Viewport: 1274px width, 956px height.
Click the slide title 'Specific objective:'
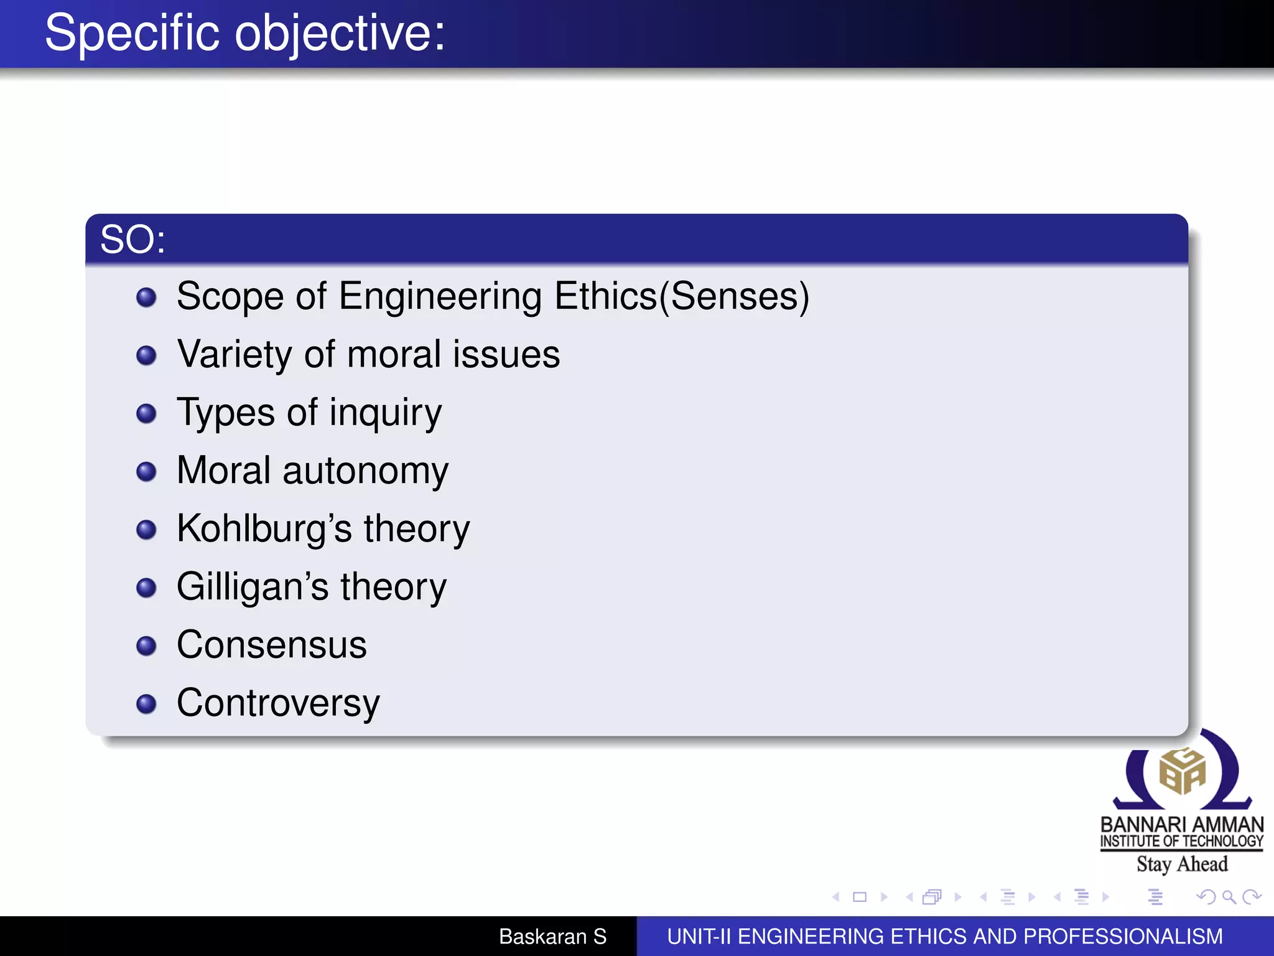pyautogui.click(x=245, y=34)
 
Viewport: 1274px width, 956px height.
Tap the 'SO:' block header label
pyautogui.click(x=133, y=240)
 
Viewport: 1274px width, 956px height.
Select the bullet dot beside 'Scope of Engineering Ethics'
pyautogui.click(x=146, y=297)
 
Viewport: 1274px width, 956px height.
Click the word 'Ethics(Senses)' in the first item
pyautogui.click(x=682, y=296)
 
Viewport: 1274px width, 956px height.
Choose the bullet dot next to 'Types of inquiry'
pyautogui.click(x=146, y=413)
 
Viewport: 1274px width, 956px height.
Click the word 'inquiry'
pyautogui.click(x=386, y=413)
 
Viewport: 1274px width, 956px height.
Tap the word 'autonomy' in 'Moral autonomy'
pyautogui.click(x=365, y=471)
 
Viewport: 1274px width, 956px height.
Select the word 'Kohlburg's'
pyautogui.click(x=264, y=528)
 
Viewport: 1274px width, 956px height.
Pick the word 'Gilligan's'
pyautogui.click(x=253, y=586)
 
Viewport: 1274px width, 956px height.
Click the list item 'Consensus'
pyautogui.click(x=272, y=645)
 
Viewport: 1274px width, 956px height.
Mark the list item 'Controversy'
pyautogui.click(x=278, y=703)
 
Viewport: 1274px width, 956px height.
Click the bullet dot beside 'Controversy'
pyautogui.click(x=146, y=704)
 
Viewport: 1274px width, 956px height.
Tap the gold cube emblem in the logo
pyautogui.click(x=1182, y=772)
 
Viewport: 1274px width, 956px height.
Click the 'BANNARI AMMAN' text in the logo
pyautogui.click(x=1182, y=825)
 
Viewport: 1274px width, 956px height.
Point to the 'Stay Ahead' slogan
pyautogui.click(x=1182, y=864)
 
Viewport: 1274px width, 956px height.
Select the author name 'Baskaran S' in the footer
pyautogui.click(x=552, y=936)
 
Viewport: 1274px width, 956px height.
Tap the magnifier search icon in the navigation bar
pyautogui.click(x=1229, y=897)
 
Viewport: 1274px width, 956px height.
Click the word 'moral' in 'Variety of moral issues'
pyautogui.click(x=394, y=355)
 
